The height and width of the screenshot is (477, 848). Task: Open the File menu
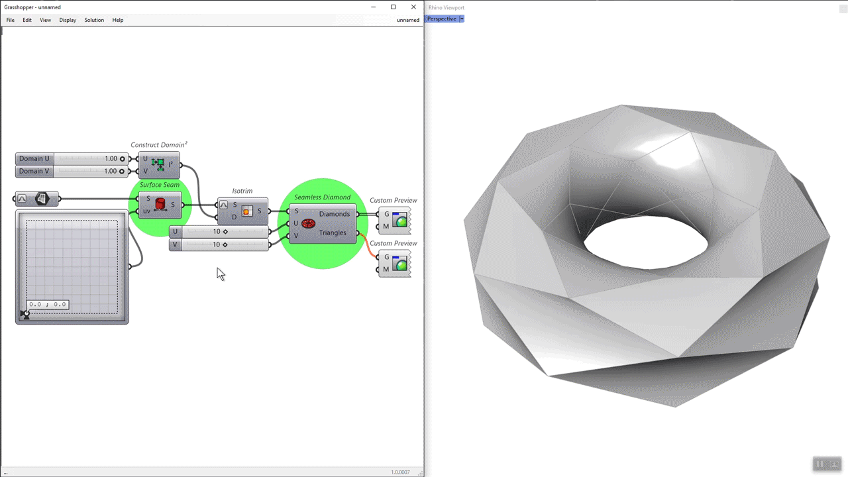click(11, 20)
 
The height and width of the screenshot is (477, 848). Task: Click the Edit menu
click(27, 20)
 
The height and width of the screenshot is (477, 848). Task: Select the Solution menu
click(94, 20)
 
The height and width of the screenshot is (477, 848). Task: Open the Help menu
click(118, 20)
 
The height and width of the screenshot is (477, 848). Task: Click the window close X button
click(413, 7)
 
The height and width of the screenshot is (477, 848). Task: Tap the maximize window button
click(393, 7)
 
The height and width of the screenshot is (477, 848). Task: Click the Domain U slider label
click(34, 159)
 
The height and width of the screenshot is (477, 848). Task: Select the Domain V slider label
click(34, 171)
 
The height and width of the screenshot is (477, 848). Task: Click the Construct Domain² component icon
click(158, 164)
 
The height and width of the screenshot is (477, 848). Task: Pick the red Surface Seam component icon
click(160, 205)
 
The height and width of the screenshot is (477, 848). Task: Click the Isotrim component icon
click(247, 211)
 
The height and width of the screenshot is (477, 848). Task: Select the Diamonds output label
click(334, 214)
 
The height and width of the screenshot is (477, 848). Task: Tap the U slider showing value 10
click(219, 232)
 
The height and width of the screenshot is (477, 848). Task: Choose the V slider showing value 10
click(219, 244)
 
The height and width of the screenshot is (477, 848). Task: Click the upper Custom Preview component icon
click(399, 220)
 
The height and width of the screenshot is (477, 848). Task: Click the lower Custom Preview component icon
click(399, 263)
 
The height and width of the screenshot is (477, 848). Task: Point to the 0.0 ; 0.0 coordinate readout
click(48, 305)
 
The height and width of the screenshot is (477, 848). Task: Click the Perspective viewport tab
click(441, 19)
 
